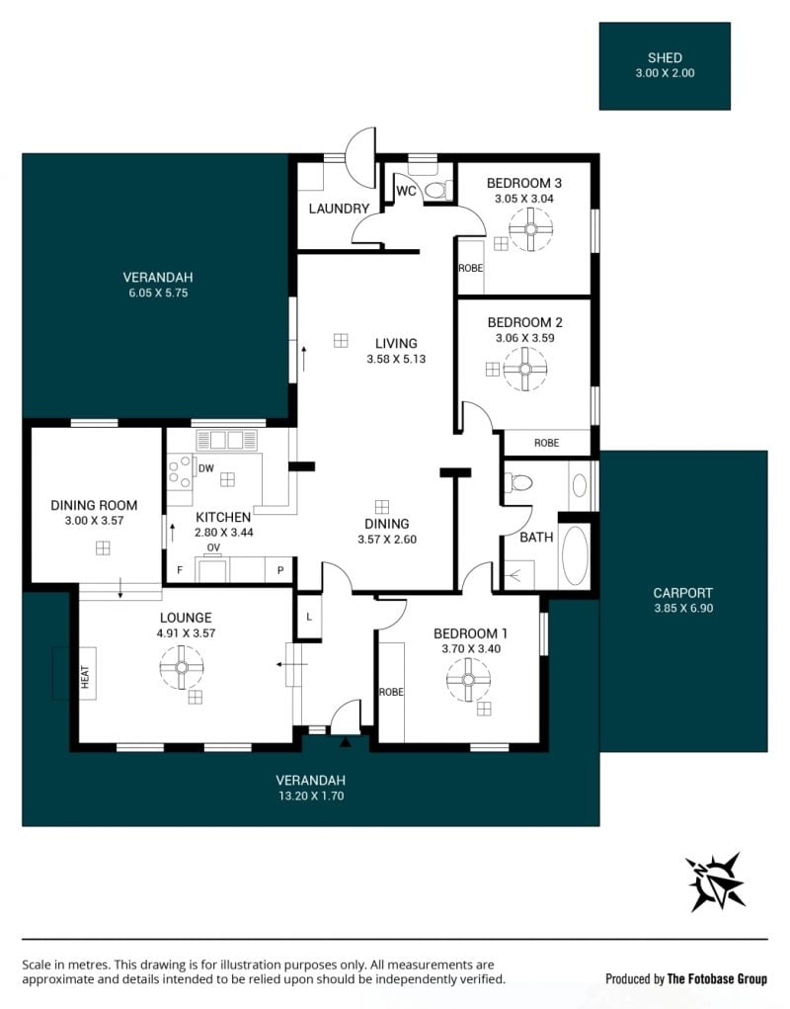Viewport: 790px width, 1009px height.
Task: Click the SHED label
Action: point(665,58)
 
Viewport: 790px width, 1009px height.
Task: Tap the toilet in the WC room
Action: point(437,190)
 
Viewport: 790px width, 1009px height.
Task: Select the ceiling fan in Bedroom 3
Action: point(531,229)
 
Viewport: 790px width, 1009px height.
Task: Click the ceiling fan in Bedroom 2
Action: point(525,369)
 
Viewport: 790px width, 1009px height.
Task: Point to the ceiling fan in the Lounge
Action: point(182,667)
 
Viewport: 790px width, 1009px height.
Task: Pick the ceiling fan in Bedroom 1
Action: point(468,680)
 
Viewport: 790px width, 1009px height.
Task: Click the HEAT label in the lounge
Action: point(86,676)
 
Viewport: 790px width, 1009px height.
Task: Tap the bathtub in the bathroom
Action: point(575,555)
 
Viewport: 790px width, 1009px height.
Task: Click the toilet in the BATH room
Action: point(518,482)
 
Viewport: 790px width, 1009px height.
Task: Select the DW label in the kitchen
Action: point(205,468)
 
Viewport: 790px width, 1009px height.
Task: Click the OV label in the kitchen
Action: point(213,547)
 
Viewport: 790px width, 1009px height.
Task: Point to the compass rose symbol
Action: point(715,882)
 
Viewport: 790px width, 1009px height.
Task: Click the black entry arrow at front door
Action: point(346,742)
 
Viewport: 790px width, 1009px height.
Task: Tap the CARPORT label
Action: point(682,593)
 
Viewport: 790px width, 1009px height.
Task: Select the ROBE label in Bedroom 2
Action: point(546,443)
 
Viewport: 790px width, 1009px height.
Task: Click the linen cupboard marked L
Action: point(309,617)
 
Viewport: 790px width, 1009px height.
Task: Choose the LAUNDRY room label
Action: point(339,209)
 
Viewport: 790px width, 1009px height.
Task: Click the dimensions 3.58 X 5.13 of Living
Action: point(396,359)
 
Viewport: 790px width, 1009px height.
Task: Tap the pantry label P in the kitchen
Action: point(280,570)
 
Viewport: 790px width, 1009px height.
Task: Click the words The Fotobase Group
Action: point(717,978)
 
